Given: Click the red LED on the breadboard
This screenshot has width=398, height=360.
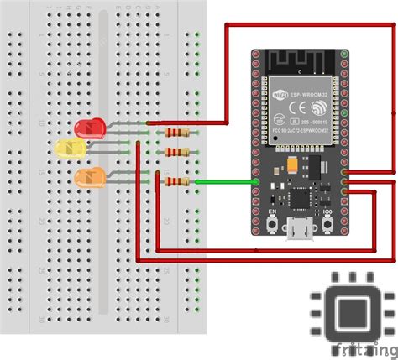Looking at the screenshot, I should coord(86,128).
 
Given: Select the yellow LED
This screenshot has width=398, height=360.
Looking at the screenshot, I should coord(66,148).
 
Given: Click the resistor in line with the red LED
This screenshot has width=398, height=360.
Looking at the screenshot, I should coord(177,132).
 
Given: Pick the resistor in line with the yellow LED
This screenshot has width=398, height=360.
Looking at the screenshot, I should coord(177,152).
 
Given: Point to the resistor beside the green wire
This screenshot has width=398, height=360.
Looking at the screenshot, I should coord(177,181).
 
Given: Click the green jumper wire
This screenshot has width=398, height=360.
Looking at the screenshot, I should coord(227,181).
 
